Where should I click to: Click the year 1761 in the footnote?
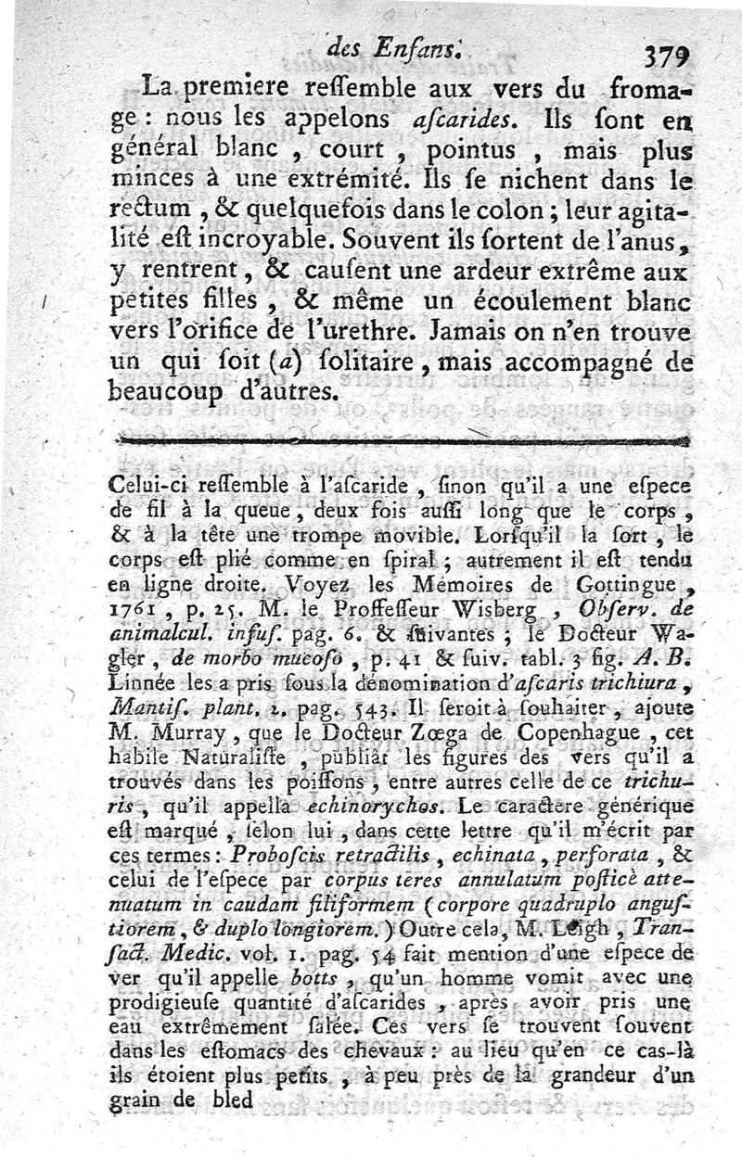(135, 612)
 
